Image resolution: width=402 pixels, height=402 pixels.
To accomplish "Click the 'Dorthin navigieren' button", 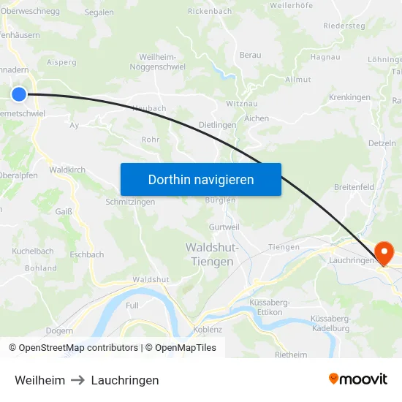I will pos(201,179).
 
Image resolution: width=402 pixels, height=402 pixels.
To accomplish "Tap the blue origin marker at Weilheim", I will pos(19,94).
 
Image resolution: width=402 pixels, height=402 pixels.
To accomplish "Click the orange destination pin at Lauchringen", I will pos(383,253).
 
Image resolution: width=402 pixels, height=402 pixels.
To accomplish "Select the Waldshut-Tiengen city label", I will pos(211,254).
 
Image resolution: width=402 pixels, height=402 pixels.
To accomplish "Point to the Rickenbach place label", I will pos(210,11).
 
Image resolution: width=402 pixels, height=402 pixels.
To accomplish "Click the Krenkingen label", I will pos(350,96).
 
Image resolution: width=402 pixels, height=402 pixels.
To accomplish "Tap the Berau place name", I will pos(250,55).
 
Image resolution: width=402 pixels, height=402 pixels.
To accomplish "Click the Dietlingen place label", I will pos(218,125).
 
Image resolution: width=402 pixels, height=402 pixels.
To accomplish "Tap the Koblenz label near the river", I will pos(208,330).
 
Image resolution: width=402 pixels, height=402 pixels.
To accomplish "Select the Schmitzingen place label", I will pos(130,202).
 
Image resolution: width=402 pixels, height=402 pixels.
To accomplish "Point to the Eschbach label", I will pos(86,255).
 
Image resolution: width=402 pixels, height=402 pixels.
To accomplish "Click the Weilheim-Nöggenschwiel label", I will pos(162,61).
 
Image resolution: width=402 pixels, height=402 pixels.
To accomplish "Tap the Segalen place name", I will pos(99,12).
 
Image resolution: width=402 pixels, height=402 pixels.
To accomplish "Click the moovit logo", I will pos(357,379).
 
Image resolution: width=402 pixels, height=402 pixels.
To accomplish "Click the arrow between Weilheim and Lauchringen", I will pos(78,380).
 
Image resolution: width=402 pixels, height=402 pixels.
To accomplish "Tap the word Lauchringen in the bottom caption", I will pos(125,380).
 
